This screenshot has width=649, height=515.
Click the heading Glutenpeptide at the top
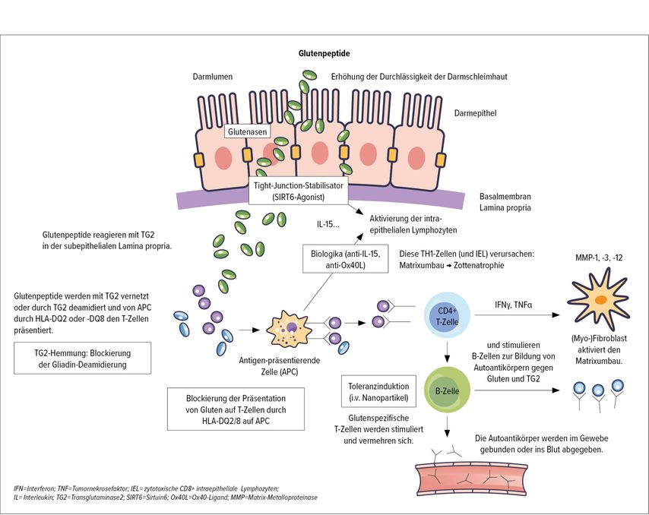(324, 54)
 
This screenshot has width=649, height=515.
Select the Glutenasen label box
(247, 131)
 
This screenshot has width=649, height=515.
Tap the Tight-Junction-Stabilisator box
(299, 190)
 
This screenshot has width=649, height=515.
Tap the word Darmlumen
(211, 77)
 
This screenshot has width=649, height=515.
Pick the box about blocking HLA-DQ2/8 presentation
(236, 409)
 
